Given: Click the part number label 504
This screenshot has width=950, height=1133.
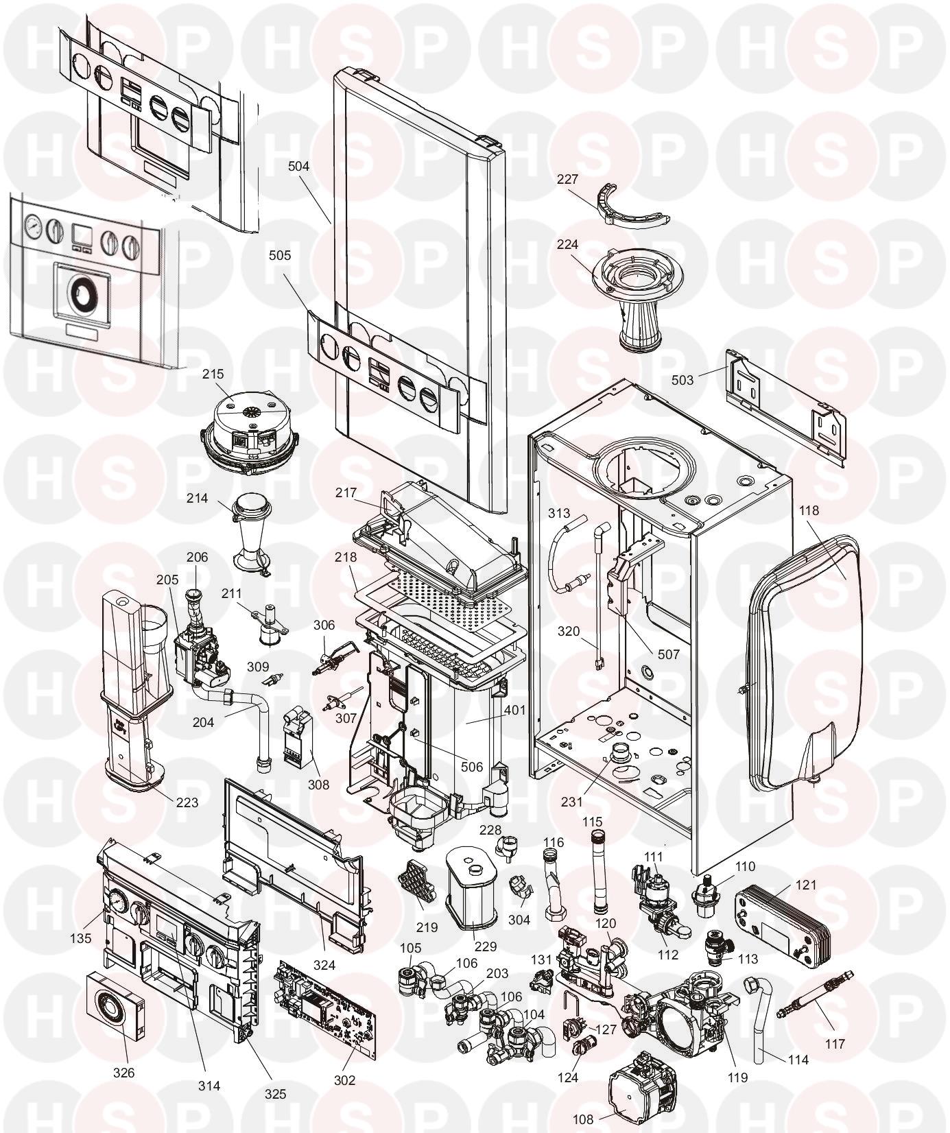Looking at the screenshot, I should pyautogui.click(x=299, y=166).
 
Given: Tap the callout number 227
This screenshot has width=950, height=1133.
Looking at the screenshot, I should pyautogui.click(x=567, y=179).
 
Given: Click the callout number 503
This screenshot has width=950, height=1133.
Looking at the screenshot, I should pyautogui.click(x=682, y=379).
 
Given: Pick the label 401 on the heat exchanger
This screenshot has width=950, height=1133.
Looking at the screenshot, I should pyautogui.click(x=514, y=710).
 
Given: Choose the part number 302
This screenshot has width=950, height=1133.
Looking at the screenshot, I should pyautogui.click(x=344, y=1080).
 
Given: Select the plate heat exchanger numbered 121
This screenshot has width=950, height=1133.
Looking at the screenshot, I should pyautogui.click(x=780, y=920).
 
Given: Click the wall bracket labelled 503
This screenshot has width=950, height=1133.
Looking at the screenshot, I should pyautogui.click(x=785, y=405).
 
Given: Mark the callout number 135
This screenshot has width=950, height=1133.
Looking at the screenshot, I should pyautogui.click(x=81, y=938).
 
